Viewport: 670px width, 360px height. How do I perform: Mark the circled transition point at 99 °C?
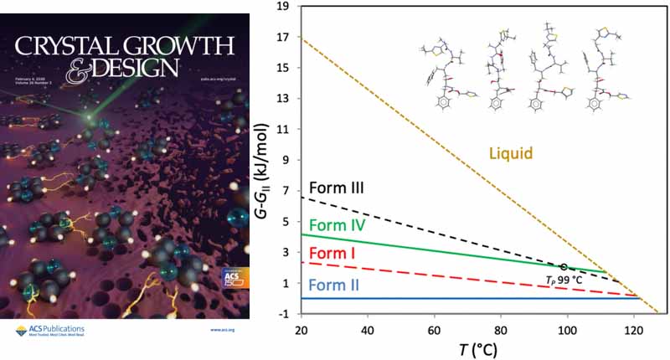coord(564,266)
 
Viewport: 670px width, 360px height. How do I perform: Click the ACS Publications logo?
coord(50,331)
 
